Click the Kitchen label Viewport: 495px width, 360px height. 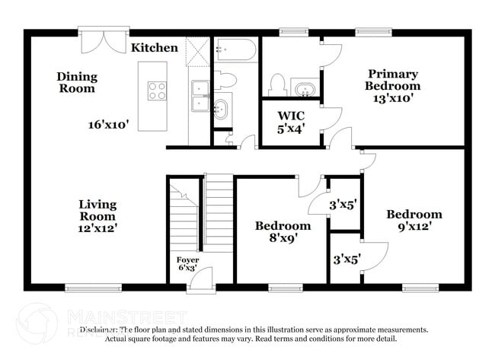pos(155,48)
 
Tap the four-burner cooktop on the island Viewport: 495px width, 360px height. pos(157,91)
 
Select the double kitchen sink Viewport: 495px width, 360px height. pos(201,96)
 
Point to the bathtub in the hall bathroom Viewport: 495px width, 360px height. pos(235,52)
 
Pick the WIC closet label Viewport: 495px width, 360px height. pos(292,116)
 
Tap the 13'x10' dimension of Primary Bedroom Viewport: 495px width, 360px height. pos(394,99)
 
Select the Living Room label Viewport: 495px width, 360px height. pos(98,209)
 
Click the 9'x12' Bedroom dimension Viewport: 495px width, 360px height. pos(414,227)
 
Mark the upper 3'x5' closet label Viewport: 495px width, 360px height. pos(343,204)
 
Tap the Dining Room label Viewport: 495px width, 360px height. pos(77,81)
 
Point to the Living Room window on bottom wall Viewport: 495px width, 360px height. pos(93,288)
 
